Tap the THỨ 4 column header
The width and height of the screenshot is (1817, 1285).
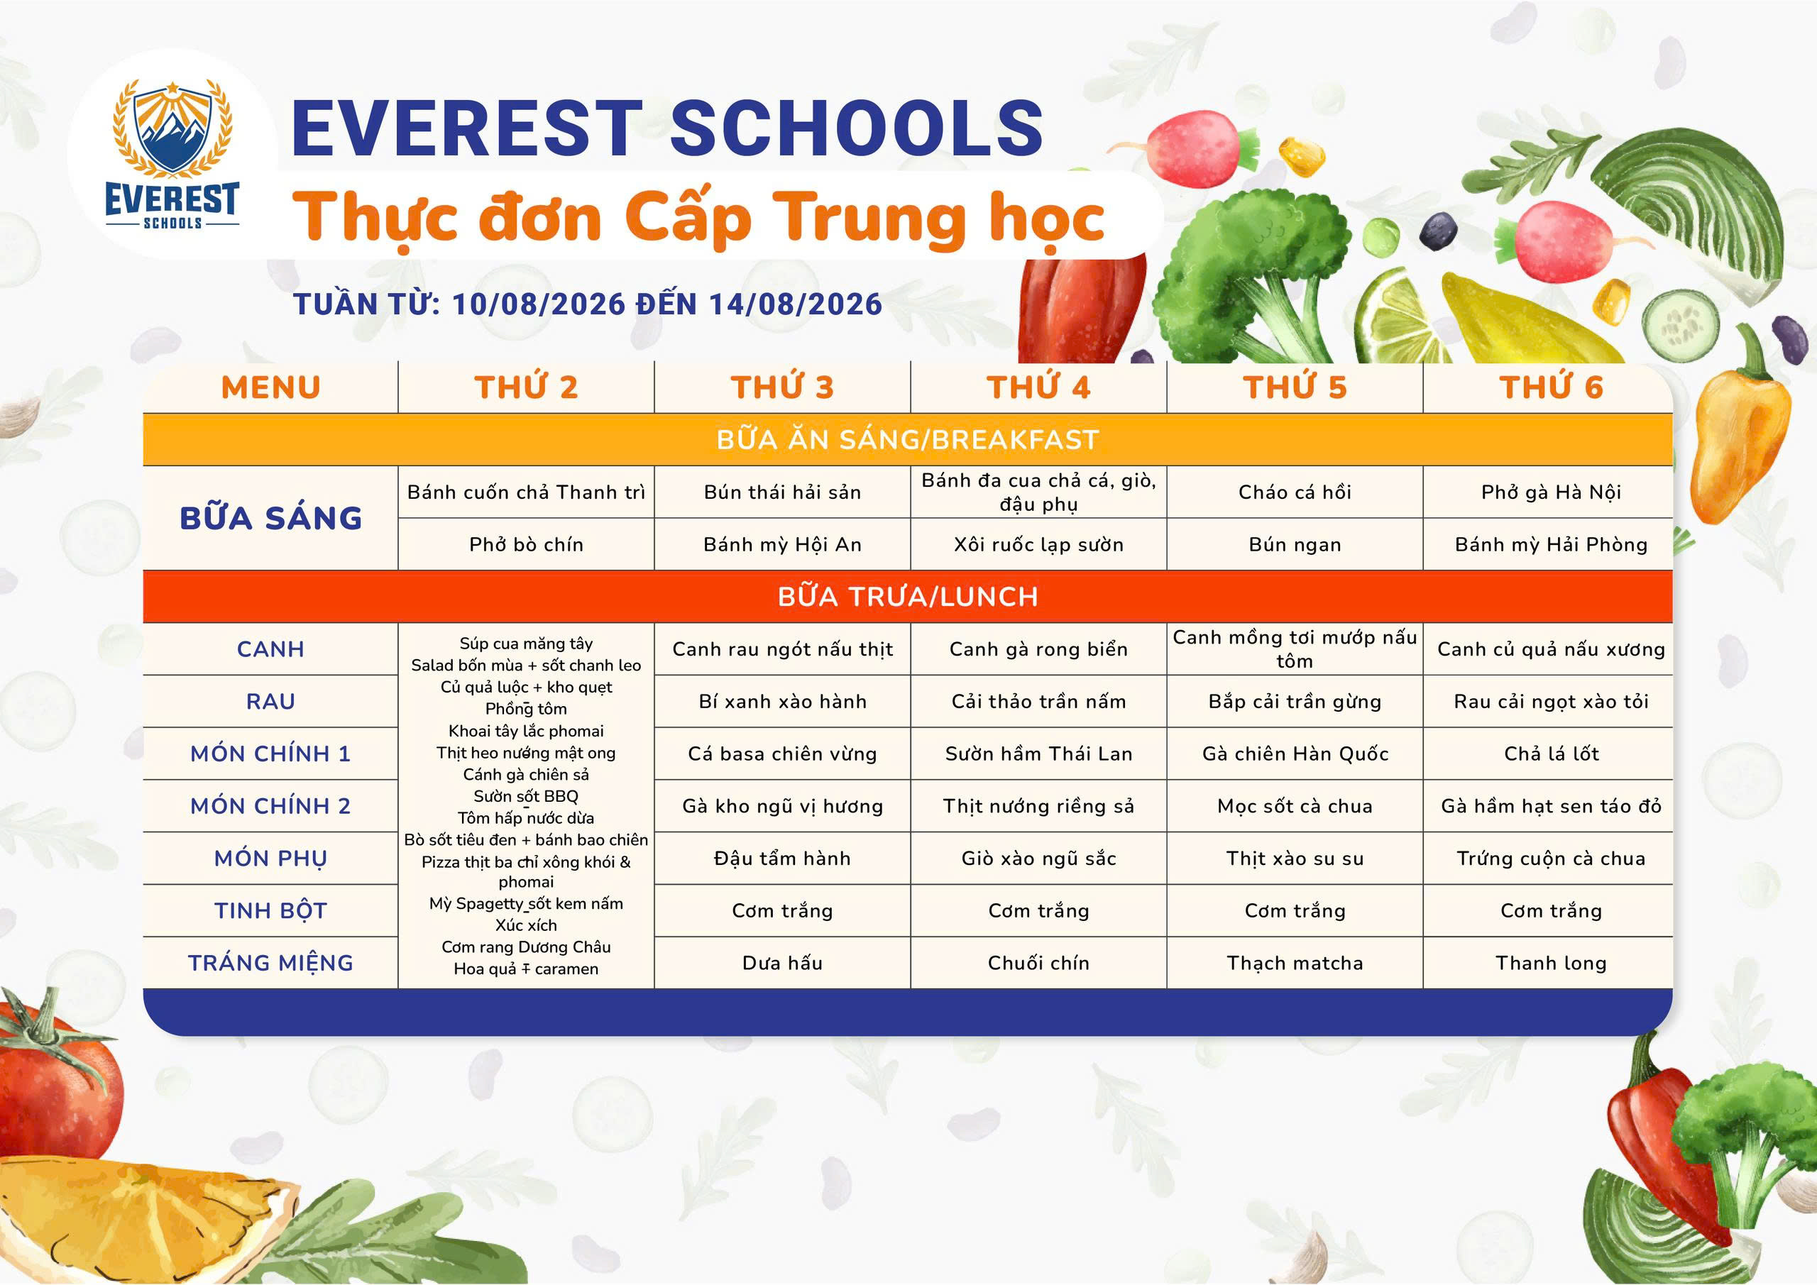point(1038,387)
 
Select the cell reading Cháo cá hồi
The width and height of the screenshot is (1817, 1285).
point(1295,492)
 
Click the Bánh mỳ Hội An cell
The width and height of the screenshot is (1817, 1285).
point(782,544)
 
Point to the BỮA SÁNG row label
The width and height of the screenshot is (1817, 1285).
point(270,517)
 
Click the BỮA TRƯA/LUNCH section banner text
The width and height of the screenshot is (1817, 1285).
point(908,597)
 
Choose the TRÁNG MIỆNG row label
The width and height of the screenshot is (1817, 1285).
point(270,963)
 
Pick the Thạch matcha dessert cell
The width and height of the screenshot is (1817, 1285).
point(1295,963)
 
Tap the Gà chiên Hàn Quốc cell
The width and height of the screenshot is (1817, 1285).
point(1295,754)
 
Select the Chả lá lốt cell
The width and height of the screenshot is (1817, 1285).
point(1551,754)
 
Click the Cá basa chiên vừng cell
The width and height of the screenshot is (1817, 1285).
point(782,754)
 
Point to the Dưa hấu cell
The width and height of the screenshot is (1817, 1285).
point(782,963)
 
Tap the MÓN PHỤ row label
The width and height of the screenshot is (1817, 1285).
point(270,859)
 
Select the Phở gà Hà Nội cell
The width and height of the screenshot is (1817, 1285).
point(1551,492)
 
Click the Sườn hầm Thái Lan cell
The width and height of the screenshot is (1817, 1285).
point(1038,754)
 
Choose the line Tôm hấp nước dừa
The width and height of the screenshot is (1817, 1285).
point(525,817)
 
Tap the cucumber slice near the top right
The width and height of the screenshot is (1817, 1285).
point(1680,325)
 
